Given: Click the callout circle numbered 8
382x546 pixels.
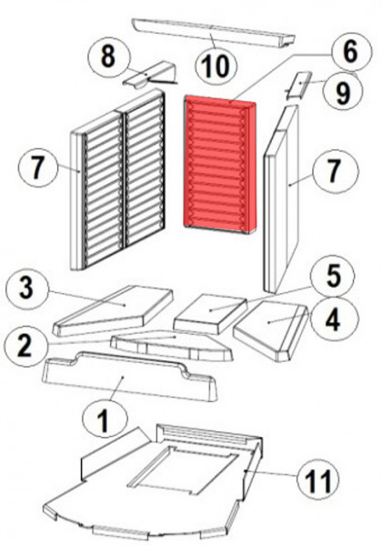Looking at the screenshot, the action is tap(109, 57).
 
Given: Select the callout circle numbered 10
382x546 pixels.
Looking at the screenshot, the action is tap(216, 66).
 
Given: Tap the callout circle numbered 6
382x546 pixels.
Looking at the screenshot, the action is tap(350, 52).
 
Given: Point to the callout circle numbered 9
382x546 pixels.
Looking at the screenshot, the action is tap(342, 93).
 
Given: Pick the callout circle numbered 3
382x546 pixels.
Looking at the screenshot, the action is tap(26, 288).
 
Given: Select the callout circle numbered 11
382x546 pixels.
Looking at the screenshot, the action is tap(318, 480).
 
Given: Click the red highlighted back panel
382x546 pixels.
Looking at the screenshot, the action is tap(220, 165).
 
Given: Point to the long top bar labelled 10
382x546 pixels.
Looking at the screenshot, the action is tap(213, 35).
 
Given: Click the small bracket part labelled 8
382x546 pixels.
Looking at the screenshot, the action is tap(150, 75).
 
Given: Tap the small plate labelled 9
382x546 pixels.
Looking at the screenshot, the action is tap(298, 85).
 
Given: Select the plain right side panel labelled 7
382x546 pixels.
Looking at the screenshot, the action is tap(281, 199).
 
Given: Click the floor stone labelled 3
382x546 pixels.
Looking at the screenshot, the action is tap(113, 310).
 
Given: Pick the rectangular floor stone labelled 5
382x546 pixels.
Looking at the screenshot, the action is tap(210, 313).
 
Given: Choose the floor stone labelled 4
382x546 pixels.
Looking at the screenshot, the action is tap(271, 329).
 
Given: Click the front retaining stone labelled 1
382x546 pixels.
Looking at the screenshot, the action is tap(129, 377).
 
